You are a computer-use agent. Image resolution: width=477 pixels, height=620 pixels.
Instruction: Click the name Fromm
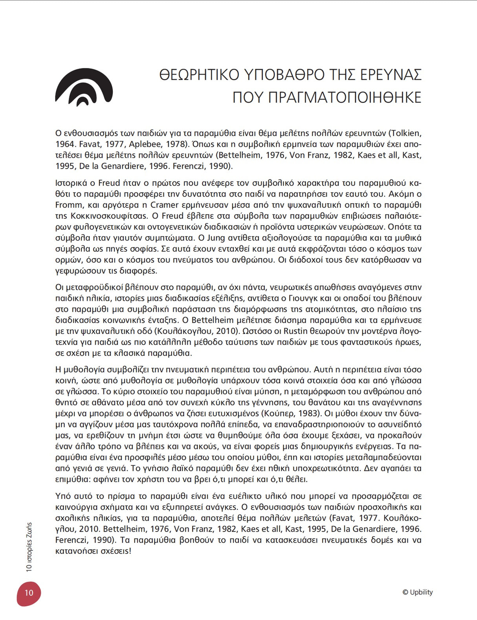[x=69, y=205]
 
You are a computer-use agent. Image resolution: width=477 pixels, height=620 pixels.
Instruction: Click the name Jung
[x=215, y=238]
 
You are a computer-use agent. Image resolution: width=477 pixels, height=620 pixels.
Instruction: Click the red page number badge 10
[x=29, y=593]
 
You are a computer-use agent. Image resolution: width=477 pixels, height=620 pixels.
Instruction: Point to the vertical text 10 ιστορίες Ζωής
[x=29, y=547]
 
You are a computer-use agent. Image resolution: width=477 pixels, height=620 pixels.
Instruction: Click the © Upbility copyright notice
[x=417, y=592]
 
